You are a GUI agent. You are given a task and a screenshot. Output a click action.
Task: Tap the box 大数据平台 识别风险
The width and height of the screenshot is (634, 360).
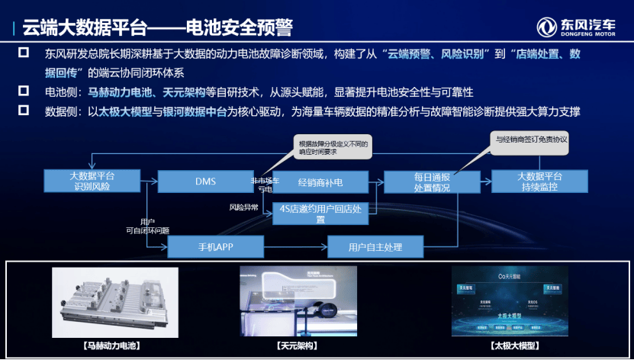[91, 182]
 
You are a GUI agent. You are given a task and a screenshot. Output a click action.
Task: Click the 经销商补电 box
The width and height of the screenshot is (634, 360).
[321, 182]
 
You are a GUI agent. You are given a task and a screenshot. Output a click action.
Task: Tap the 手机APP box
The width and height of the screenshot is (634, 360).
[215, 246]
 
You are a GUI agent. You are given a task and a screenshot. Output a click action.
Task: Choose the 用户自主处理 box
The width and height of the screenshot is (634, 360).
[375, 246]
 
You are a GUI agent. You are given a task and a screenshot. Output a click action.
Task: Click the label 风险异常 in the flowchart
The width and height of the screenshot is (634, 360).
[243, 207]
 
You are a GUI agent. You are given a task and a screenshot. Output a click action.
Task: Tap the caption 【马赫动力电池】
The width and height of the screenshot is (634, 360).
[114, 346]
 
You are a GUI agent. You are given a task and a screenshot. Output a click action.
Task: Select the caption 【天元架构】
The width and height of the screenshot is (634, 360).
[297, 346]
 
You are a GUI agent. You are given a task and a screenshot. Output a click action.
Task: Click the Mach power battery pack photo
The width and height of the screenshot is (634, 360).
[114, 302]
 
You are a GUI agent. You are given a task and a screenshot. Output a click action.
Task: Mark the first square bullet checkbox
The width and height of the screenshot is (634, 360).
[24, 53]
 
